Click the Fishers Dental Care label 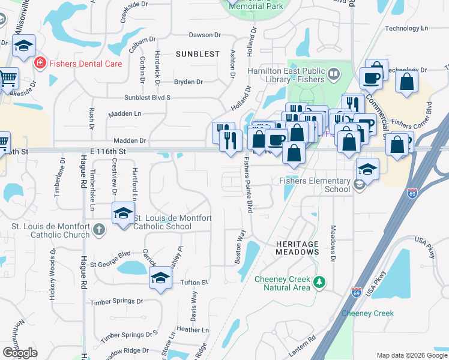86,64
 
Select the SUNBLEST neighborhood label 197,54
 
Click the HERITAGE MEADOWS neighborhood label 298,248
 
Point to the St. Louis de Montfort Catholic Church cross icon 99,230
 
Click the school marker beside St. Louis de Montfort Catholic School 123,214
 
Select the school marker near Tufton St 160,278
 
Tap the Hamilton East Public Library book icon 333,74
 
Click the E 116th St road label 109,152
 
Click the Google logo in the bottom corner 20,353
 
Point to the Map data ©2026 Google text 411,355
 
